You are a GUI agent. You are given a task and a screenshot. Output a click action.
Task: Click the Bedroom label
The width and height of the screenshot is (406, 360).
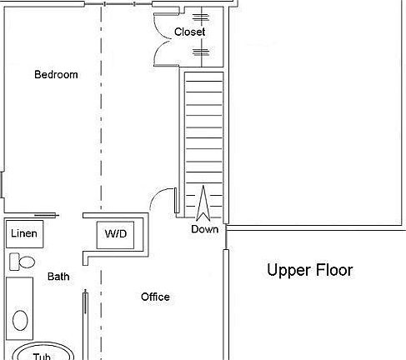click(x=56, y=75)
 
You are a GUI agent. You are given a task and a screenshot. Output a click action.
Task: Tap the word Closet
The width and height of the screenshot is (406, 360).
click(x=189, y=32)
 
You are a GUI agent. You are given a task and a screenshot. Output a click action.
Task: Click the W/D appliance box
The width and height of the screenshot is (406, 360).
click(x=116, y=235)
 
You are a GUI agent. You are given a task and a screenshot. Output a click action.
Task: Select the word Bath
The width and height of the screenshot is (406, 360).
click(x=58, y=277)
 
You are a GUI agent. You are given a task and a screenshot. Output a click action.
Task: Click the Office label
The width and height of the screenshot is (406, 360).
click(x=155, y=297)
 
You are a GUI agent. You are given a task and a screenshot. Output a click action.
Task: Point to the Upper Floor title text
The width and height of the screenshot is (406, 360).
click(x=309, y=271)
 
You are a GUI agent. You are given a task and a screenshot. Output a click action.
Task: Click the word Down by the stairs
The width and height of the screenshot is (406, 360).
click(x=204, y=229)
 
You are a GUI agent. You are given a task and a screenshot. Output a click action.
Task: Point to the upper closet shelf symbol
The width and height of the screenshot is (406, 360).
click(x=200, y=17)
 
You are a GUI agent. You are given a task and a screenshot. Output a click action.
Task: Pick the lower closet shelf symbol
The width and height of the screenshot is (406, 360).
click(x=200, y=52)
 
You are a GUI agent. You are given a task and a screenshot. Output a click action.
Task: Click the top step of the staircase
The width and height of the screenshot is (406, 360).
click(x=203, y=77)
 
